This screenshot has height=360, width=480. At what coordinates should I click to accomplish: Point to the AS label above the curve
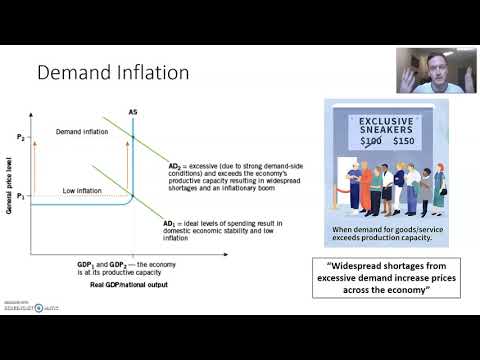pos(134,111)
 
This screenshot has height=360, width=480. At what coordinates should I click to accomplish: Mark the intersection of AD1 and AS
pos(133,194)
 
